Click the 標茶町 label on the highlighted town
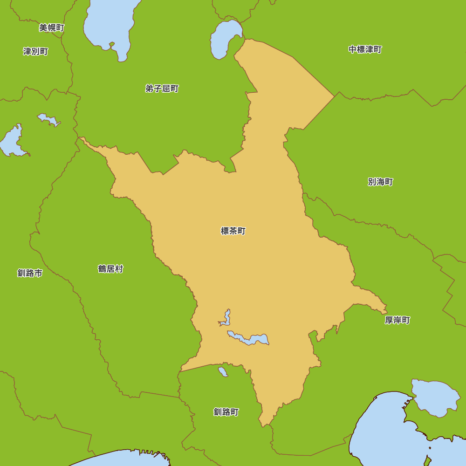pos(233,231)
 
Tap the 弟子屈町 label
pos(162,89)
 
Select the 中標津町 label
pos(365,49)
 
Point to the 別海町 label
pos(380,182)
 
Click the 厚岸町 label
pos(397,320)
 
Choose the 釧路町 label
pos(226,412)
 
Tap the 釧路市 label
pos(30,273)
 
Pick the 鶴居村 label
pos(110,269)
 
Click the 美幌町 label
pos(51,28)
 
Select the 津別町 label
pos(35,51)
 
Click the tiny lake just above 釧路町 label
pos(223,371)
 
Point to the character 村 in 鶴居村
pos(119,269)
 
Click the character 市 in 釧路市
pos(38,273)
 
